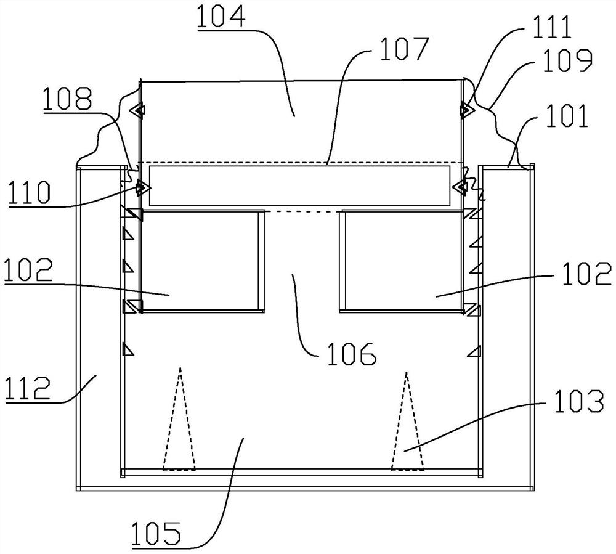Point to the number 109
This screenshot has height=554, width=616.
click(567, 61)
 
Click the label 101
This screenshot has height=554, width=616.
click(567, 115)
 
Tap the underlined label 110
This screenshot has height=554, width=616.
click(30, 192)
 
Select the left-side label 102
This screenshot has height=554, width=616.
click(29, 269)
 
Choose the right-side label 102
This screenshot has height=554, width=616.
click(587, 274)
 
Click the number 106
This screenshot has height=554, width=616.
click(352, 353)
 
